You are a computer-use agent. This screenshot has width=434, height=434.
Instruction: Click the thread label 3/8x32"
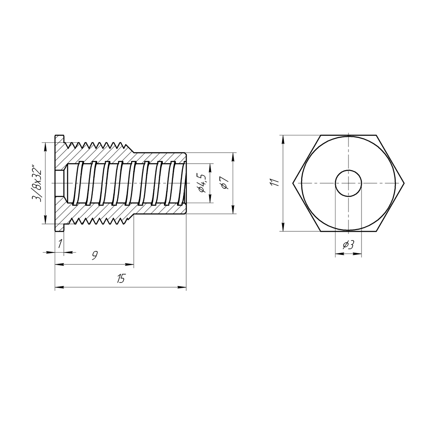tap(39, 183)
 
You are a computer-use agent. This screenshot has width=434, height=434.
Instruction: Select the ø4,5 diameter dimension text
tap(201, 183)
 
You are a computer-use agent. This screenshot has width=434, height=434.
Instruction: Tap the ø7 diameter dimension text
tap(224, 183)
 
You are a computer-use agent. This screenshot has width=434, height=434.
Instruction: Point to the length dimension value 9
tap(94, 256)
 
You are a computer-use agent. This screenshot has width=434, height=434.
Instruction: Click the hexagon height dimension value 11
tap(273, 183)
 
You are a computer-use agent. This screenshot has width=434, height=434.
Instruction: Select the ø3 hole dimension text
tap(349, 245)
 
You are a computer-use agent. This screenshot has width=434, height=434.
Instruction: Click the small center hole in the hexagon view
tap(349, 183)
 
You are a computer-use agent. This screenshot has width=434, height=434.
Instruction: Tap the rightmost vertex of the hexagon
tap(404, 183)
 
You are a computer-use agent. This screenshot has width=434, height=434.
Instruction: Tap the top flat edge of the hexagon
tap(349, 135)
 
